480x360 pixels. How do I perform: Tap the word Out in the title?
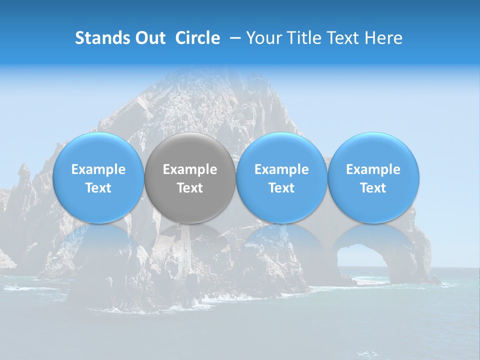click(x=148, y=38)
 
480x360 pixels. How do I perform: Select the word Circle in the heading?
click(x=197, y=38)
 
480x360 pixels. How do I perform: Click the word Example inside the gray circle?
click(x=190, y=169)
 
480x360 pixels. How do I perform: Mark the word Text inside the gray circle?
click(x=190, y=188)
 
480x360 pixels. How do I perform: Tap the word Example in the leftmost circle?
click(x=98, y=169)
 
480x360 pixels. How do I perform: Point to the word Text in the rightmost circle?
click(x=373, y=188)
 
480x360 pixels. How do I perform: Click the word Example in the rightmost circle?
click(x=373, y=169)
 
